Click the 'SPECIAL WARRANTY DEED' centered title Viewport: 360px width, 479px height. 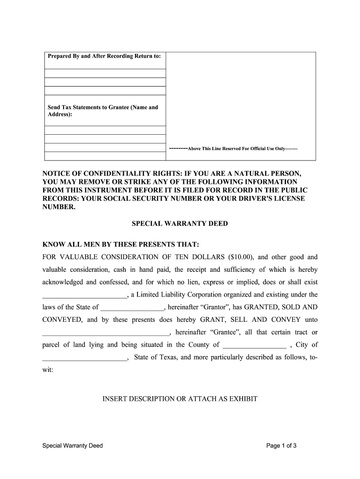point(180,224)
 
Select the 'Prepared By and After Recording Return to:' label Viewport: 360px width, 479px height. point(104,56)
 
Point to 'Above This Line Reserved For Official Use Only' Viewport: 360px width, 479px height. point(236,149)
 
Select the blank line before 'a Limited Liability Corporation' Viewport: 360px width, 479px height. point(84,296)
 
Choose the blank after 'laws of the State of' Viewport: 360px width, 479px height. point(132,308)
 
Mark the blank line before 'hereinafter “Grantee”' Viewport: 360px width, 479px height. point(106,334)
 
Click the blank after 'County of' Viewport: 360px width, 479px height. point(255,346)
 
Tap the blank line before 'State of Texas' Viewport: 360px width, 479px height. point(84,359)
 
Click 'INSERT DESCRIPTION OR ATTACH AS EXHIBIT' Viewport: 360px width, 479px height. point(180,399)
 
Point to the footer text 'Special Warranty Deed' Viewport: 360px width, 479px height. point(72,446)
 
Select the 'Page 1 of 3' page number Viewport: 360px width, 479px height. point(281,446)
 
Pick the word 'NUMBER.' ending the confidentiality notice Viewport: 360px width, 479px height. point(58,207)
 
